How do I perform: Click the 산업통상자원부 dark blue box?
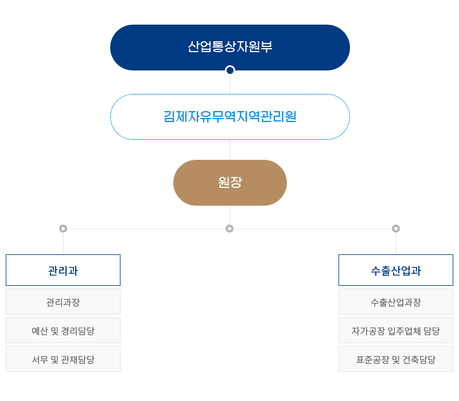point(229,47)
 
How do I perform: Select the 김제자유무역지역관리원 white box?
point(229,117)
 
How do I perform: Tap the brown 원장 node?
point(229,183)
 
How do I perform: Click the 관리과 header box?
point(63,270)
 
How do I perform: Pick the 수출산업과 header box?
point(396,270)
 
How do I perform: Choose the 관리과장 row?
point(63,302)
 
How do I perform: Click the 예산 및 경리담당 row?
point(63,331)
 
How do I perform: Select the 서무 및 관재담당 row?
point(63,359)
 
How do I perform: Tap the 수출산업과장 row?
point(396,302)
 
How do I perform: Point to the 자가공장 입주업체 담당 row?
point(396,331)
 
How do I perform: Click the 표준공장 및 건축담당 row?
point(396,359)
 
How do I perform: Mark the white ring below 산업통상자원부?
point(230,70)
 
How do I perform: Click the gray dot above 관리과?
point(63,229)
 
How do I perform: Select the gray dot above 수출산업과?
point(396,229)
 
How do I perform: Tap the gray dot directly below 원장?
point(229,229)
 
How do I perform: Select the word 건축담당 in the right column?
point(419,359)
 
